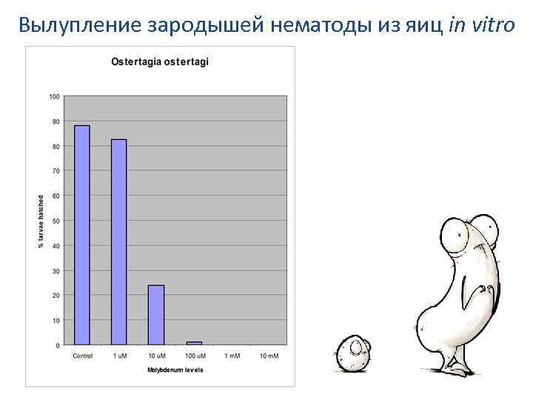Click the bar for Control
coord(82,235)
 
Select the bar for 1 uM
coord(119,241)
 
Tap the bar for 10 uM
coord(156,315)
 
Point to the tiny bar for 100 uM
coord(194,343)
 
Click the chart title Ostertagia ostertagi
coord(160,62)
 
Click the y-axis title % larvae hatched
coord(41,221)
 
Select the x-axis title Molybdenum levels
coord(175,369)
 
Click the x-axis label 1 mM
coord(231,356)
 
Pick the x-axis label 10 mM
coord(269,356)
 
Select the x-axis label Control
coord(82,356)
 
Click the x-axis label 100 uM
coord(195,356)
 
